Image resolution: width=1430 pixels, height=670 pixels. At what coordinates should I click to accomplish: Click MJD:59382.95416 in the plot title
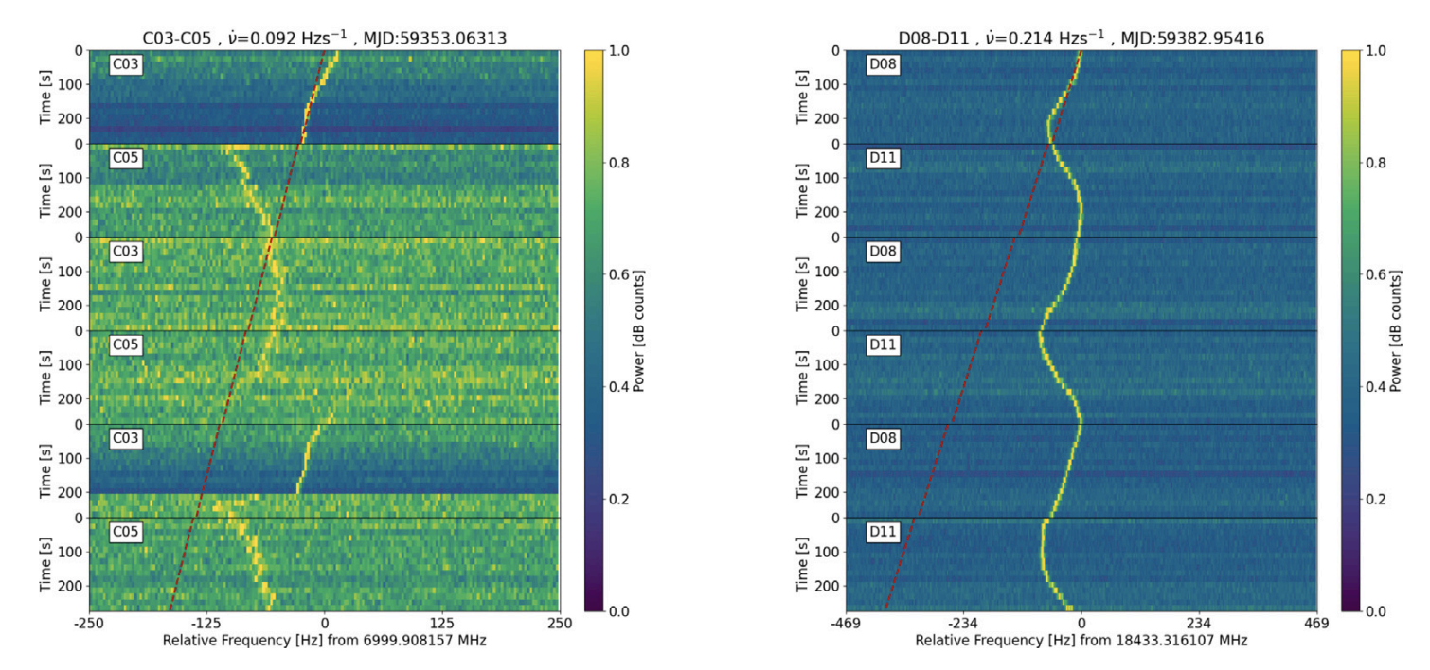(x=1193, y=37)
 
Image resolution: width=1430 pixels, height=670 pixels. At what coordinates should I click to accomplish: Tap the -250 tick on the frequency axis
(x=89, y=625)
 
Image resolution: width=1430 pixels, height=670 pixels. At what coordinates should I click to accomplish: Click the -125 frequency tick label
(x=206, y=625)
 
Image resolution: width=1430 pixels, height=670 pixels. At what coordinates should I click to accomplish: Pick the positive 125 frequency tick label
(x=442, y=625)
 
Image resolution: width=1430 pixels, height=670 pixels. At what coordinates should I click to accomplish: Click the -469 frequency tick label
(x=846, y=625)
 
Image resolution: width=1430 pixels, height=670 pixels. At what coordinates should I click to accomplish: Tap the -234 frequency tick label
(x=963, y=625)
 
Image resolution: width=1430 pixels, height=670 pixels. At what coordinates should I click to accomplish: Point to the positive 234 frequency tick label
(x=1199, y=625)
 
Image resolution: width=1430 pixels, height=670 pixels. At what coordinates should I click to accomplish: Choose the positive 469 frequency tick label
(x=1316, y=625)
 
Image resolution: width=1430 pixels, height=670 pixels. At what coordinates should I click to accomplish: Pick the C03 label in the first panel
(x=126, y=65)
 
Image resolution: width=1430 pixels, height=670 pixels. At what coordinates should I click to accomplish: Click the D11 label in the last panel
(x=883, y=532)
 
